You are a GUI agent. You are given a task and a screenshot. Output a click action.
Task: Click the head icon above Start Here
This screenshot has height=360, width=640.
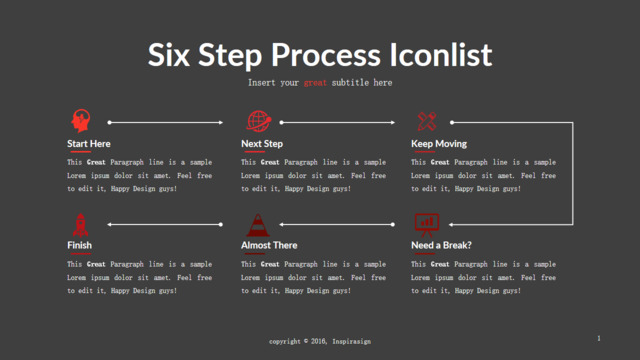click(x=81, y=120)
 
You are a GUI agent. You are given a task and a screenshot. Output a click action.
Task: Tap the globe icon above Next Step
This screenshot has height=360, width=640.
click(x=259, y=121)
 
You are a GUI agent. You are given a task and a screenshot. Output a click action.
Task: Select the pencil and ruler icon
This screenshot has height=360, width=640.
click(x=427, y=121)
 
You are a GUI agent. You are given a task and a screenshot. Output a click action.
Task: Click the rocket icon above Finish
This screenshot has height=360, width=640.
click(x=80, y=225)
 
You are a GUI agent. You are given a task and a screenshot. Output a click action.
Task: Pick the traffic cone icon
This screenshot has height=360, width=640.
click(x=258, y=225)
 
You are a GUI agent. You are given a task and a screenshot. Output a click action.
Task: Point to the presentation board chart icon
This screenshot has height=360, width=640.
click(x=427, y=225)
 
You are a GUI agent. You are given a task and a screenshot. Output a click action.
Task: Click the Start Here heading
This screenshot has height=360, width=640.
click(x=89, y=144)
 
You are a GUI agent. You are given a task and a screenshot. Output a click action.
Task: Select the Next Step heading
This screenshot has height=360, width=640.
click(x=262, y=144)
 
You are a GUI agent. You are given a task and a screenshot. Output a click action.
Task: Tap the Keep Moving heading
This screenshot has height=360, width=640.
click(x=439, y=144)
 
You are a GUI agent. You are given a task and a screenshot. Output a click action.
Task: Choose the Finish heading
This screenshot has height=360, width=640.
click(x=79, y=245)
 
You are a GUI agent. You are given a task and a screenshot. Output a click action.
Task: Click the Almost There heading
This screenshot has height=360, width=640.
click(x=269, y=245)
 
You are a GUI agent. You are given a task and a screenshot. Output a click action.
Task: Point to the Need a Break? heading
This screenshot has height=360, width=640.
click(x=441, y=245)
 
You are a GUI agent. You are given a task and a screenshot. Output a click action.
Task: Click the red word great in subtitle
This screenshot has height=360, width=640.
click(x=315, y=83)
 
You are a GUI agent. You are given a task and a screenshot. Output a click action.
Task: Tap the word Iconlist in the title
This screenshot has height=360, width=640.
click(x=440, y=55)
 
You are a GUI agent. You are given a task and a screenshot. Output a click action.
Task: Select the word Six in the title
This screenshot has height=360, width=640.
click(x=169, y=55)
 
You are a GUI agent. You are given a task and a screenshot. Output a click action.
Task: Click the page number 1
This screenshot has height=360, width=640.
click(x=599, y=338)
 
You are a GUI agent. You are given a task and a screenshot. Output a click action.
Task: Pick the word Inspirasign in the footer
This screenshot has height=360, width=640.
click(x=351, y=341)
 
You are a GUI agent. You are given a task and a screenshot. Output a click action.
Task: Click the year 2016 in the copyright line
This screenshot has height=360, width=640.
click(x=318, y=341)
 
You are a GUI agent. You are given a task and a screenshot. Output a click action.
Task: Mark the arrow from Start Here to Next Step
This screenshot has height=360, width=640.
click(x=165, y=122)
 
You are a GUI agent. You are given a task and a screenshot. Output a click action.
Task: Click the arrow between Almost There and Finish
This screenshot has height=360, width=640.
click(x=165, y=224)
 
